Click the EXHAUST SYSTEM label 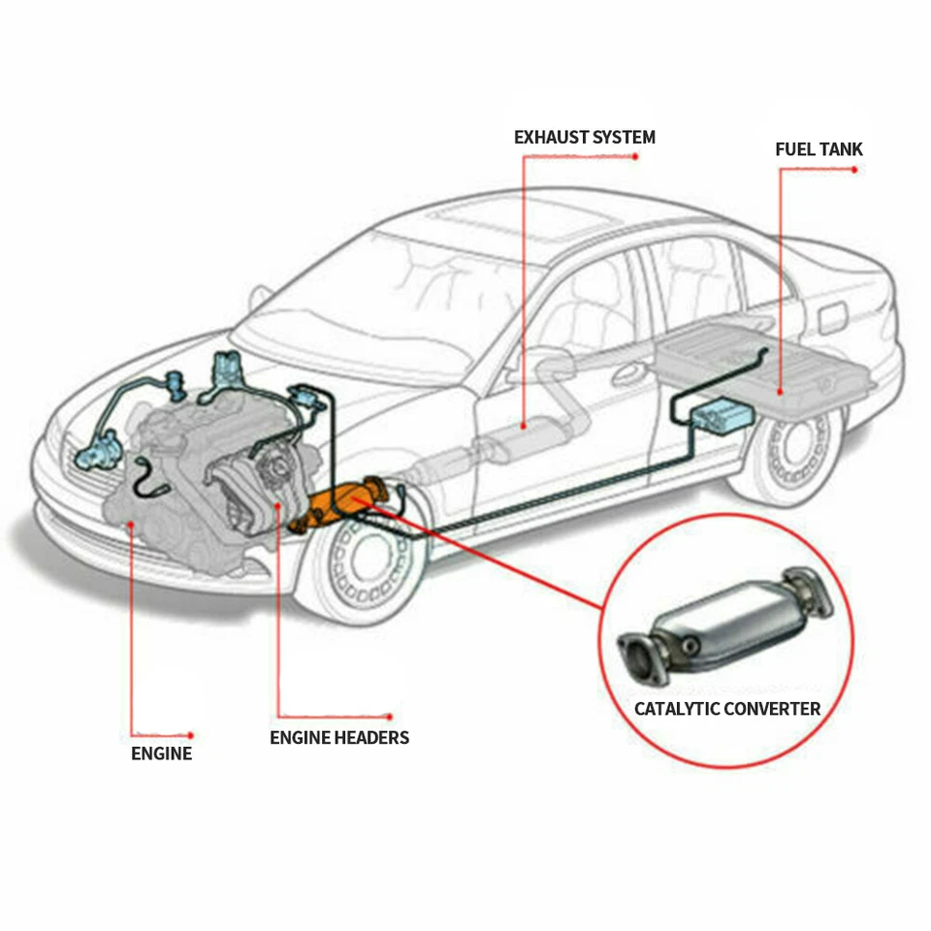coord(584,137)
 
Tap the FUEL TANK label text coord(819,149)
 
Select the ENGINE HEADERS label coord(339,738)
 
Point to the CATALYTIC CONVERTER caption coord(727,709)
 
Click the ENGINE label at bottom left coord(162,754)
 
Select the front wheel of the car coord(364,563)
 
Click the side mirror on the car coord(260,295)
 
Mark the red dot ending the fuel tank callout coord(855,170)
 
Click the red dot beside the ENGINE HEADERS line coord(390,717)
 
